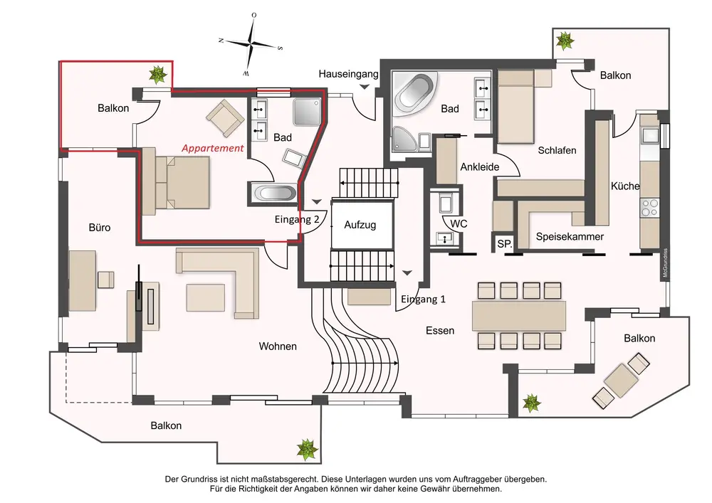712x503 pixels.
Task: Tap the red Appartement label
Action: coord(212,148)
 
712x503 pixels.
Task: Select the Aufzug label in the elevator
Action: coord(360,225)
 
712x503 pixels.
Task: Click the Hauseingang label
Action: coord(348,73)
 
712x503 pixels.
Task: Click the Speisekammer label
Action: coord(570,237)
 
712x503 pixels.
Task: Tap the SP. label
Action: coord(505,244)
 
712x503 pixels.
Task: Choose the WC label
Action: coord(459,223)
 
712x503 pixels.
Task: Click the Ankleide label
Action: coord(479,167)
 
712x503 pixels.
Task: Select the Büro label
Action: coord(100,228)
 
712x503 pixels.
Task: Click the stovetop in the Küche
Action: coord(650,208)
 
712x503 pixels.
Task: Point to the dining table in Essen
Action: coord(519,314)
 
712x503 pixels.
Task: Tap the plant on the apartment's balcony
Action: coord(157,73)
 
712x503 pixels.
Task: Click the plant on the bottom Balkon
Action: coord(307,448)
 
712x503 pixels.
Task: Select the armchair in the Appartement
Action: coord(224,117)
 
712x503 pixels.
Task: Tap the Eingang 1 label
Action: coord(423,299)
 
